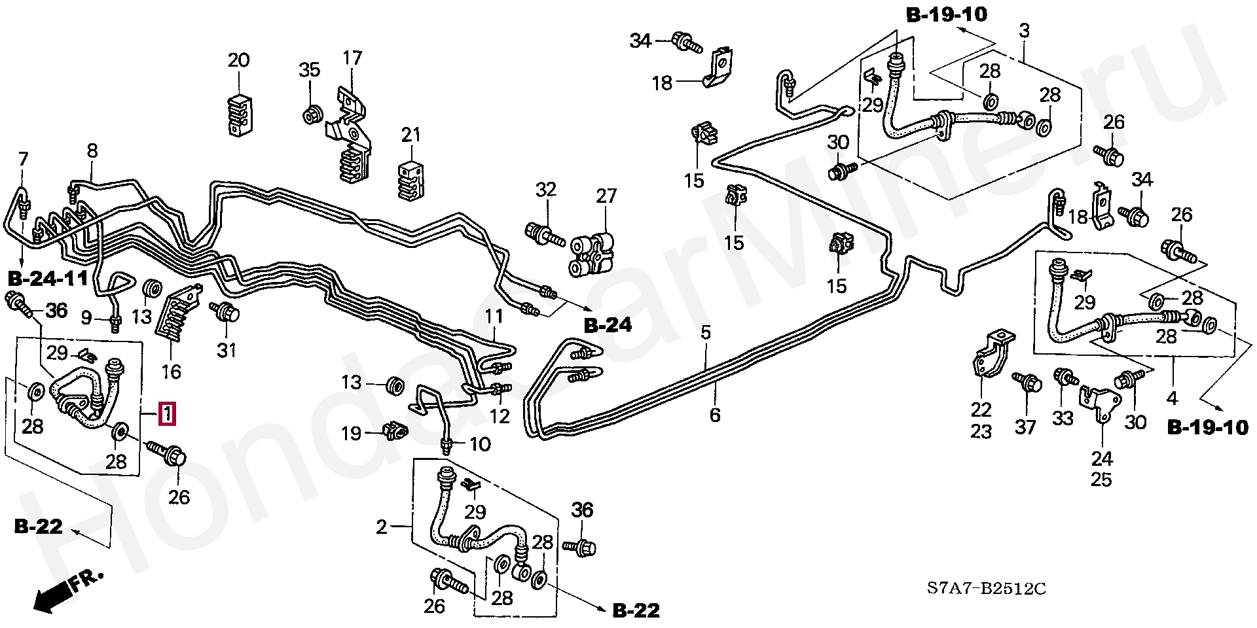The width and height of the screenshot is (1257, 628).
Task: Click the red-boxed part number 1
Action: tap(168, 414)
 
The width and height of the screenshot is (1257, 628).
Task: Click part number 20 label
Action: tap(238, 61)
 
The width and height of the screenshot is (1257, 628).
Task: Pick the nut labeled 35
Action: tap(311, 115)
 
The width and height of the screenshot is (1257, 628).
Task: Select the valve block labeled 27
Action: tap(593, 256)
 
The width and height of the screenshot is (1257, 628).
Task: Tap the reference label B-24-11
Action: tap(48, 279)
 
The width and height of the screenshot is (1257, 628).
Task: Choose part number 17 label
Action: tap(352, 58)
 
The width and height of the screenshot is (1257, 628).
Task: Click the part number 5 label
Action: tap(706, 333)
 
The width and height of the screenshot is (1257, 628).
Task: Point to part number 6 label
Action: tap(715, 415)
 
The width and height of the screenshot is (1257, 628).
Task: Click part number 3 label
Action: tap(1025, 31)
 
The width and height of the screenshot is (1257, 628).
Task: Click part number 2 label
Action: tap(382, 527)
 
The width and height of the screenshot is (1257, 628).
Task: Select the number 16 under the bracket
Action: tap(171, 372)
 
